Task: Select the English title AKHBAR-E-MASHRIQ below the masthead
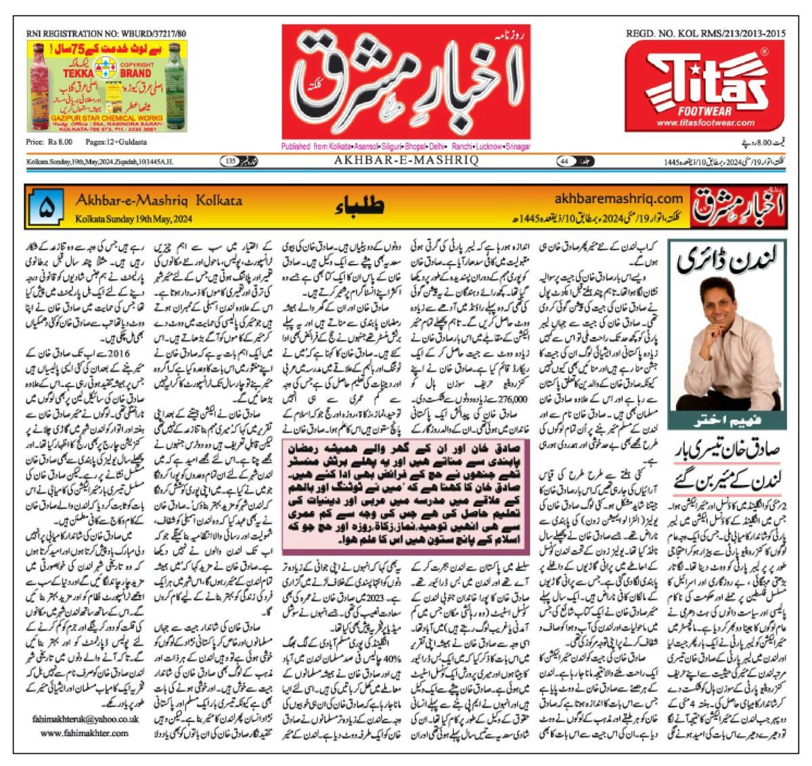(x=406, y=160)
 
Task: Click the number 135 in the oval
(x=231, y=161)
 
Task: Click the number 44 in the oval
(x=564, y=161)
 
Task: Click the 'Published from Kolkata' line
(x=406, y=146)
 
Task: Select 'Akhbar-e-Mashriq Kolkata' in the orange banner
(x=160, y=201)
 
